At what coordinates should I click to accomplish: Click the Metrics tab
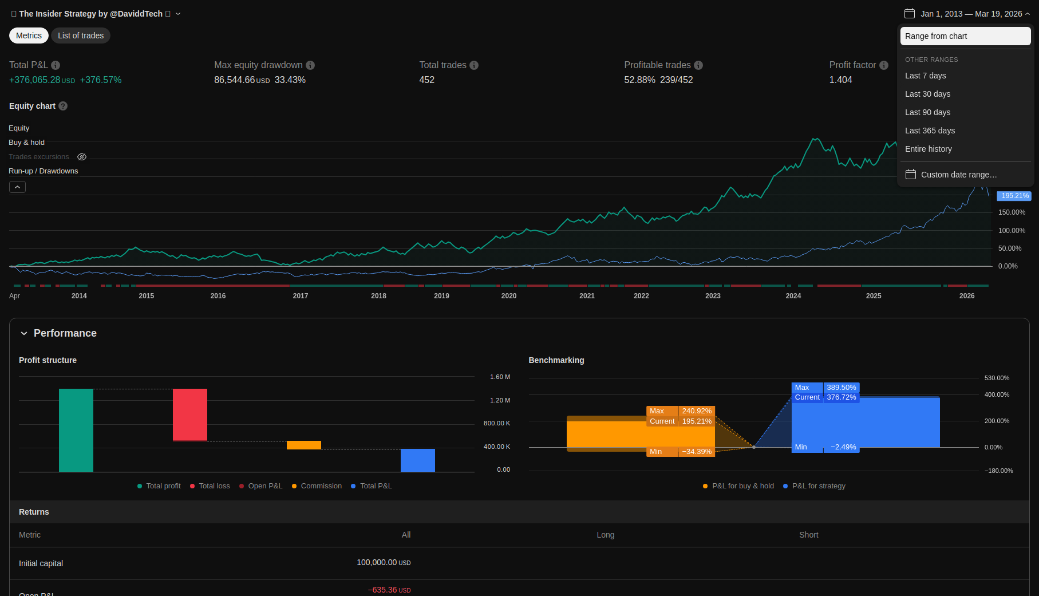pos(29,35)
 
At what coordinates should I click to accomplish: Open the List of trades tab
pos(81,35)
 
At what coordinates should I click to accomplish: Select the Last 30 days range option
pos(927,94)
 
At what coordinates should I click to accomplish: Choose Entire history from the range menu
pos(928,149)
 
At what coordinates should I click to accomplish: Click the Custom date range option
pos(958,175)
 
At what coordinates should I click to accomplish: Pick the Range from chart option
pos(936,36)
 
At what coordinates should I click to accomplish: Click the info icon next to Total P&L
pos(56,65)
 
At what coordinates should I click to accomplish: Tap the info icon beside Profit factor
pos(884,65)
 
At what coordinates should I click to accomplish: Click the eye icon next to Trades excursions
pos(82,157)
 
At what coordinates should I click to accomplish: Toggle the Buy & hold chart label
pos(26,143)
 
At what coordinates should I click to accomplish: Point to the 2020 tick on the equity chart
pos(508,296)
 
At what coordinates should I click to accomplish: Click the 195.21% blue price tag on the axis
pos(1014,196)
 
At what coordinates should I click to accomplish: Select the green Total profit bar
pos(76,430)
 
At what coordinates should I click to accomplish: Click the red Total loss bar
pos(190,415)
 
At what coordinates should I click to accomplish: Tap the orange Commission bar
pos(304,445)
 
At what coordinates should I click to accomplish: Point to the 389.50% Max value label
pos(841,388)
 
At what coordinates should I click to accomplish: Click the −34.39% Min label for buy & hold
pos(697,452)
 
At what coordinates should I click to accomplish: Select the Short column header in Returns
pos(808,535)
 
